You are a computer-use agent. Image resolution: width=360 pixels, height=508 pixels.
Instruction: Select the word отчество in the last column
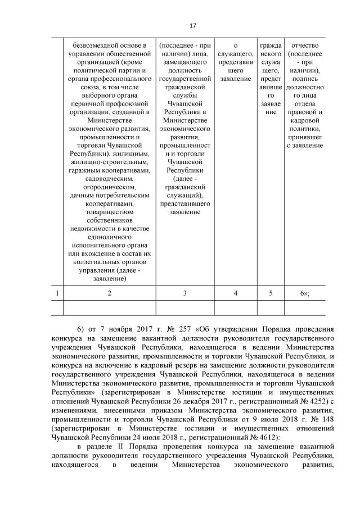[x=305, y=45]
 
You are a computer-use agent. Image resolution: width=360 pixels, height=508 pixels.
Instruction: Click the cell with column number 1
[x=58, y=293]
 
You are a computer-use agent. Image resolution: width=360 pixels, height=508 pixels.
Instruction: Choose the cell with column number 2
[x=109, y=293]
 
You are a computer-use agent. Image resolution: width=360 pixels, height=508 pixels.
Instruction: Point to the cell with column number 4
[x=235, y=293]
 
